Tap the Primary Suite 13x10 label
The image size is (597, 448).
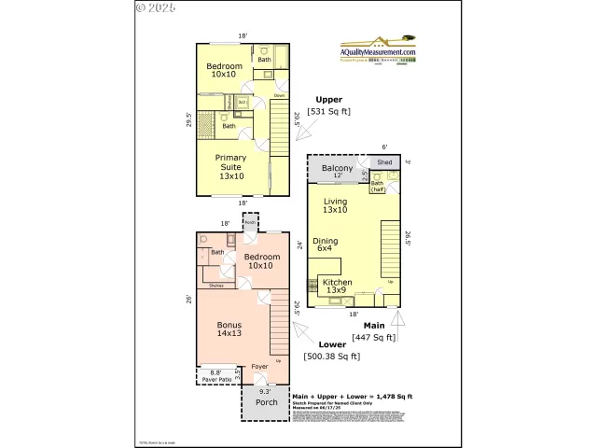(230, 166)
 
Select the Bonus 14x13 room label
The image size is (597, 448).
(229, 329)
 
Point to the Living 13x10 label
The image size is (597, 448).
(336, 205)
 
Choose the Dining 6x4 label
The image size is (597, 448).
(325, 245)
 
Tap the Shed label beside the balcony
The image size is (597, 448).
(383, 162)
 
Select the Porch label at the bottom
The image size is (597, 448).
(267, 402)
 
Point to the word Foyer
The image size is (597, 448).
(260, 368)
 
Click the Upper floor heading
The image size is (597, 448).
(328, 99)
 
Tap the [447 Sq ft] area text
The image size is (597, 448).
(373, 338)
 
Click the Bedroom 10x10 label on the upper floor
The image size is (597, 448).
(225, 71)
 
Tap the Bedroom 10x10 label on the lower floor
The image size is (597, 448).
(261, 260)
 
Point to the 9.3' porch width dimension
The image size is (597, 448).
(266, 391)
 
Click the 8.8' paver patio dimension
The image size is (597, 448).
(216, 372)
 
